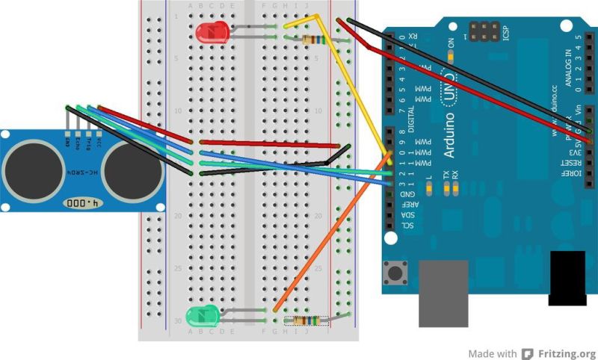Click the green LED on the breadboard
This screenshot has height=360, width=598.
(x=202, y=315)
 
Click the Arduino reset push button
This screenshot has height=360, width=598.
(x=394, y=272)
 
